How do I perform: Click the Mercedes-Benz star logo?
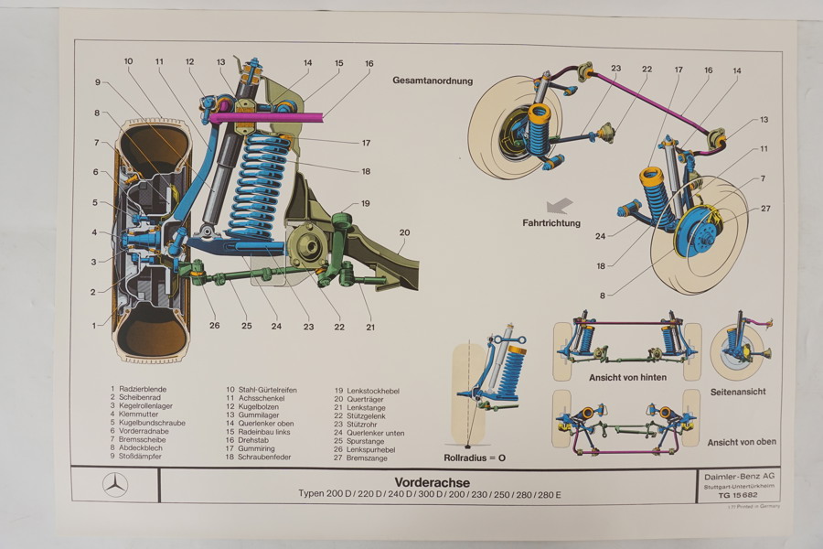[115, 484]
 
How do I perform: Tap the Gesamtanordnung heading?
[433, 81]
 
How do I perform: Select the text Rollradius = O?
[475, 457]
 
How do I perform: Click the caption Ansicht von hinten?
[627, 377]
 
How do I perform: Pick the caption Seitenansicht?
[738, 392]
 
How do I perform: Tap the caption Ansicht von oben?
[741, 442]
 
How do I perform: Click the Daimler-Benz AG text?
[736, 478]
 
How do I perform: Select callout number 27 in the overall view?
[764, 209]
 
